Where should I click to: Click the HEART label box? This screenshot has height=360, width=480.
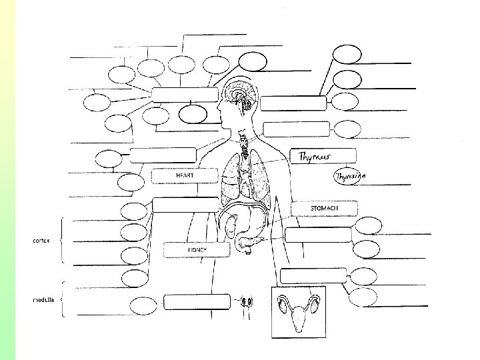185,175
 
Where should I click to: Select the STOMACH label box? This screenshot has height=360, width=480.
324,208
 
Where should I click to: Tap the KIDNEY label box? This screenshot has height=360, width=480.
197,249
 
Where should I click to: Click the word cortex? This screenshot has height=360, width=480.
43,240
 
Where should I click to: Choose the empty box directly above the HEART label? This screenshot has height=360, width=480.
163,155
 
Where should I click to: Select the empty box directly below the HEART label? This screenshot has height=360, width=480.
185,205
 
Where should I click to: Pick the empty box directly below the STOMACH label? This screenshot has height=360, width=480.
318,235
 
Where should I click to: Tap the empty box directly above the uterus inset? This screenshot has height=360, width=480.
313,275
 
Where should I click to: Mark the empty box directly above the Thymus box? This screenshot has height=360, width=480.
296,129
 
